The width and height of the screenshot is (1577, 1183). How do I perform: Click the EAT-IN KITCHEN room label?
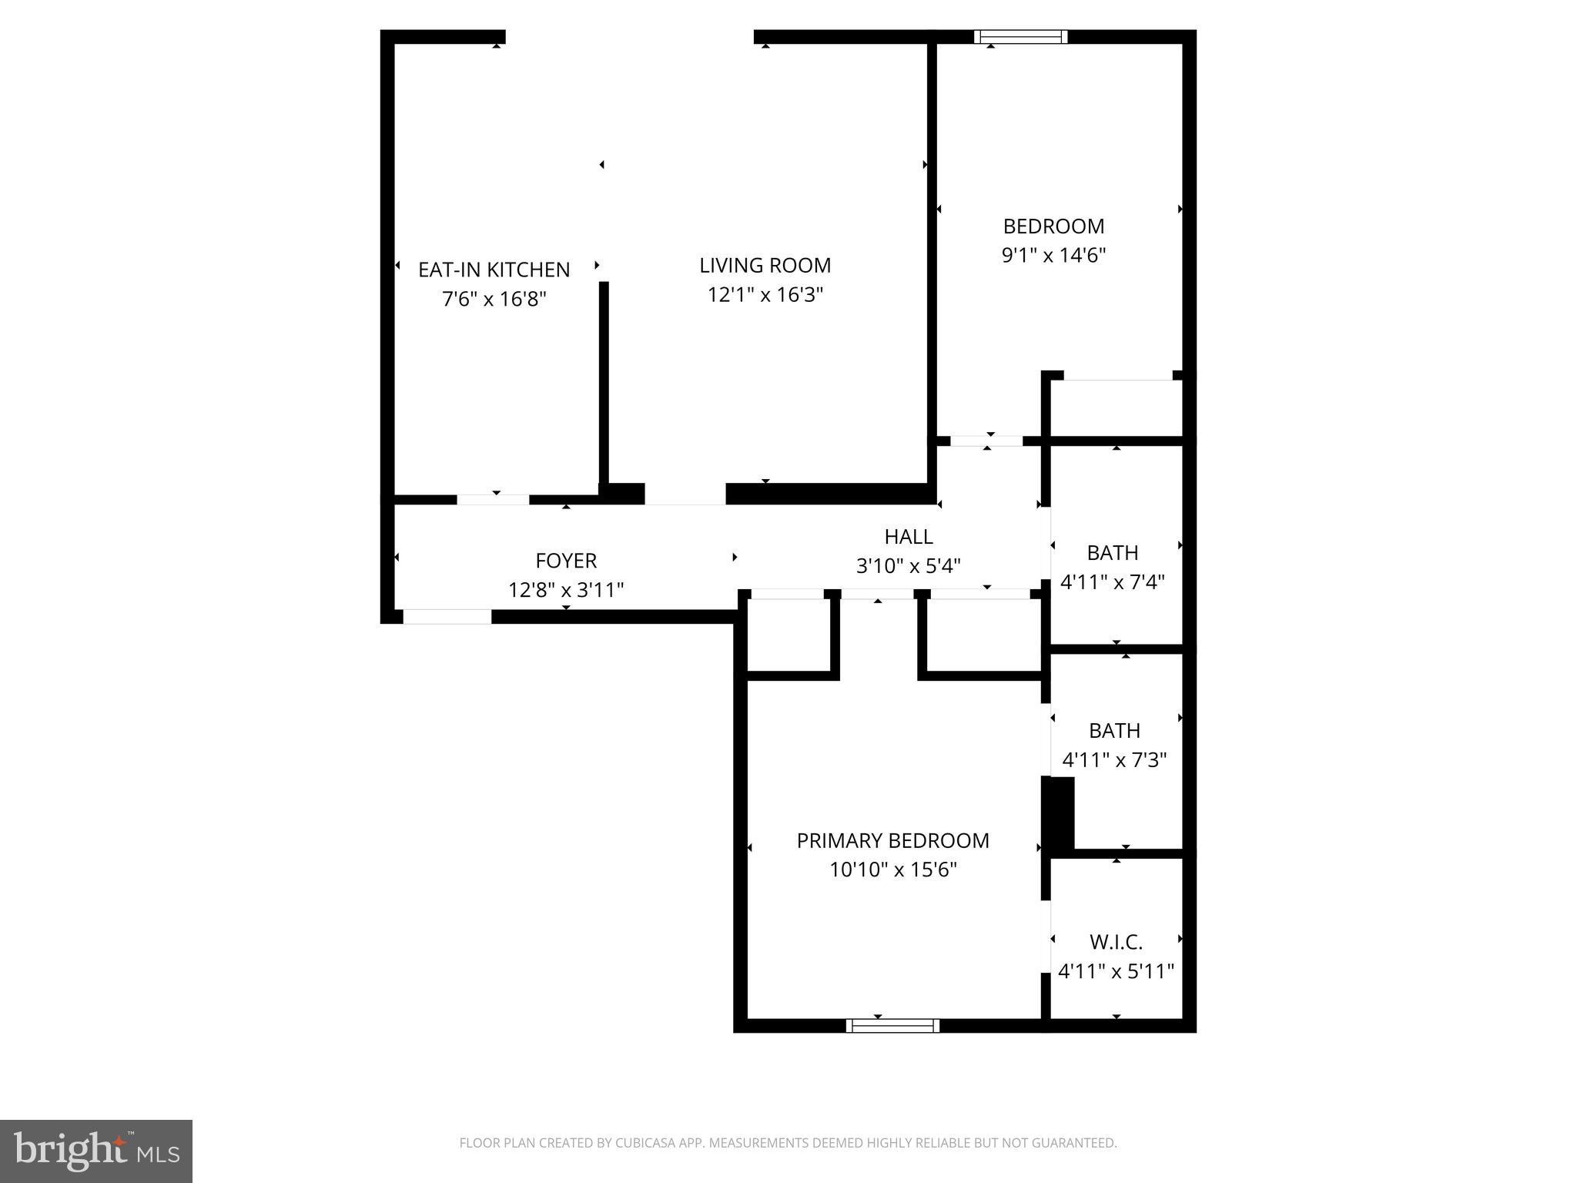[494, 270]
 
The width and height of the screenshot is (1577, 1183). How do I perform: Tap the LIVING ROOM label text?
[765, 266]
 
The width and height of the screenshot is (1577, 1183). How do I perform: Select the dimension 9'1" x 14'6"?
[1053, 255]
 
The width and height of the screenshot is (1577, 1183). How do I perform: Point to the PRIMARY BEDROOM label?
[892, 840]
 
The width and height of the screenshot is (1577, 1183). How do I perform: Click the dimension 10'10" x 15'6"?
[892, 870]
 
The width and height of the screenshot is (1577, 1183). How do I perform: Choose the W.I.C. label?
[1116, 942]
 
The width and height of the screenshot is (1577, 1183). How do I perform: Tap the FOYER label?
[566, 561]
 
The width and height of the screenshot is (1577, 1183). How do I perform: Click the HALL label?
[908, 537]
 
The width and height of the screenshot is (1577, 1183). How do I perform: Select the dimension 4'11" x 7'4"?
[1112, 581]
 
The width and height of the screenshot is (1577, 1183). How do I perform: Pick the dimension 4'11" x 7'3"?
[1114, 760]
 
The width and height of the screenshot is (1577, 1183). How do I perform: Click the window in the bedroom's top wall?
[1020, 36]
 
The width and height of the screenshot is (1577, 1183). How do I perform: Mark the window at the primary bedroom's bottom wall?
[892, 1025]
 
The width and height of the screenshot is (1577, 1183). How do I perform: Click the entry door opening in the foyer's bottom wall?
[447, 617]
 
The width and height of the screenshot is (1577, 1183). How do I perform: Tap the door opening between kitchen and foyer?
[493, 500]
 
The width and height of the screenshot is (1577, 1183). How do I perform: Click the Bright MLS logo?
[96, 1151]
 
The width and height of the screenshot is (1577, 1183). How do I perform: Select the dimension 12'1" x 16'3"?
[765, 295]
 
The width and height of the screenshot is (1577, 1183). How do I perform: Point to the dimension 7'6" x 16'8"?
[494, 299]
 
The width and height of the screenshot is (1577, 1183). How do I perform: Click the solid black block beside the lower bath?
[1058, 814]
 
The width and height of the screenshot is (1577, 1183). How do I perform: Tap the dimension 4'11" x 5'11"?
[1116, 971]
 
